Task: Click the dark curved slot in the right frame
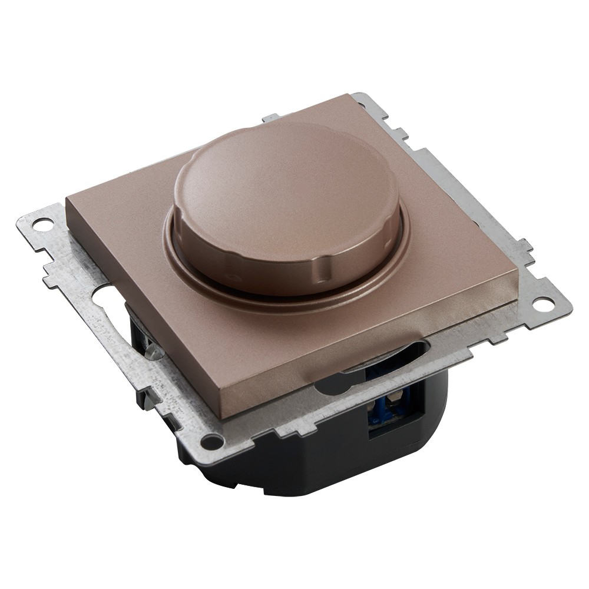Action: (377, 359)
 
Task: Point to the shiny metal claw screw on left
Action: (152, 351)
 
